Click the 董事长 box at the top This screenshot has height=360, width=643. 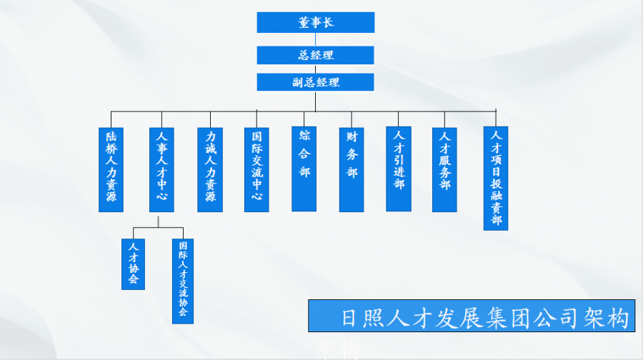[316, 22]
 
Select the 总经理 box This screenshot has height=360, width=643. [316, 55]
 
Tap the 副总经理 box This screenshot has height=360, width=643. [316, 82]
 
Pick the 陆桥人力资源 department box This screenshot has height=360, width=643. [111, 169]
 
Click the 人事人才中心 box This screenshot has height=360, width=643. [161, 169]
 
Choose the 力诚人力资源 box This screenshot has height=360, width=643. [210, 169]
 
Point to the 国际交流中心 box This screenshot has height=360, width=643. [256, 169]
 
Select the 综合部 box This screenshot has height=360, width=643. [304, 169]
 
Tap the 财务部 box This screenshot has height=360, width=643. [352, 169]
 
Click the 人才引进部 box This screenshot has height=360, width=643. [399, 169]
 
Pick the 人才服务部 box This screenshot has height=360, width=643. [444, 169]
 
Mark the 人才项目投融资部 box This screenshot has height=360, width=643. [496, 178]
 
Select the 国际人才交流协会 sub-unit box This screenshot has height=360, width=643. [182, 281]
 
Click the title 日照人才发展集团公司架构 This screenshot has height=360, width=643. [472, 316]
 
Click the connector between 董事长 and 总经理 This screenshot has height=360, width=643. [316, 39]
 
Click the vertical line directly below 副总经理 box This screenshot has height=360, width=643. [316, 101]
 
